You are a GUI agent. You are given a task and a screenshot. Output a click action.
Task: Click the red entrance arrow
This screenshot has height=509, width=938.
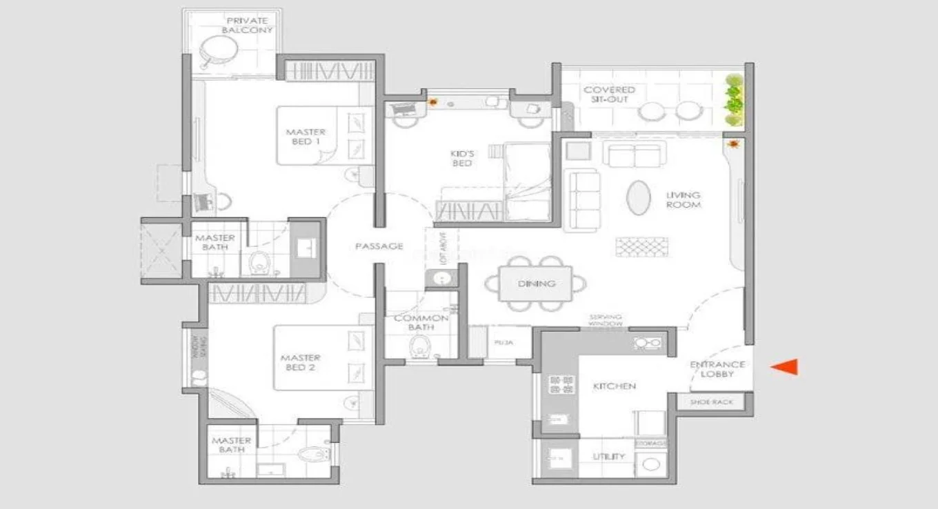click(785, 367)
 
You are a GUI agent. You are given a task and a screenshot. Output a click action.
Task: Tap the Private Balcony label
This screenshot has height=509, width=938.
click(247, 26)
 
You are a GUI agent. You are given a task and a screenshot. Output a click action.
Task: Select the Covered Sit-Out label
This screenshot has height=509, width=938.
click(609, 94)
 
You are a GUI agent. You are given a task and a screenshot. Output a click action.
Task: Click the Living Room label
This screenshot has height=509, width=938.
click(683, 200)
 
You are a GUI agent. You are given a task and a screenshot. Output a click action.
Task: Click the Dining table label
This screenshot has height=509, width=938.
click(536, 283)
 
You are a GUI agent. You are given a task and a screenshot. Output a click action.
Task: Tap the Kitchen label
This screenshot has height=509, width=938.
click(614, 386)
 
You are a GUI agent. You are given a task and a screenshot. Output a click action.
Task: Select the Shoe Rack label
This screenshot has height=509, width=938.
click(712, 402)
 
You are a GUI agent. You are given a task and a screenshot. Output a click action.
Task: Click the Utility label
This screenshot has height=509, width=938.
click(609, 457)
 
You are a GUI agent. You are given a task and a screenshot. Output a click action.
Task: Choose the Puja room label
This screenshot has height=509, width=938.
click(501, 342)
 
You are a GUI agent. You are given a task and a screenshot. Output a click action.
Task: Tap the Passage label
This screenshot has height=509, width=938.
click(379, 246)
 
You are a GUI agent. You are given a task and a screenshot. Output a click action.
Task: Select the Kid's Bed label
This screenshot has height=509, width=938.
click(461, 158)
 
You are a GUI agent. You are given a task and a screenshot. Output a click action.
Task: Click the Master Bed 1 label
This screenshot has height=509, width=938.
click(306, 137)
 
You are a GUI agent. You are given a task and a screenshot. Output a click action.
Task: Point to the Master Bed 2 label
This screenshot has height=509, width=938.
click(300, 363)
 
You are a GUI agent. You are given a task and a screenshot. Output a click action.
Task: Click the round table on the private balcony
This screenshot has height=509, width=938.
click(219, 52)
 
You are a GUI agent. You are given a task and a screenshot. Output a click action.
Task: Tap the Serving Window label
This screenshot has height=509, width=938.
click(606, 321)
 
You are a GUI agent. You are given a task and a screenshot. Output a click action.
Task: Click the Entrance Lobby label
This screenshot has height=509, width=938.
click(717, 369)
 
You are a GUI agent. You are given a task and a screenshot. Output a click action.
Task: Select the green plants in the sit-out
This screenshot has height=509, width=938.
click(734, 101)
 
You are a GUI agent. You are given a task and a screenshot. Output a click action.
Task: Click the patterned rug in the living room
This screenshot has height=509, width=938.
click(641, 246)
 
